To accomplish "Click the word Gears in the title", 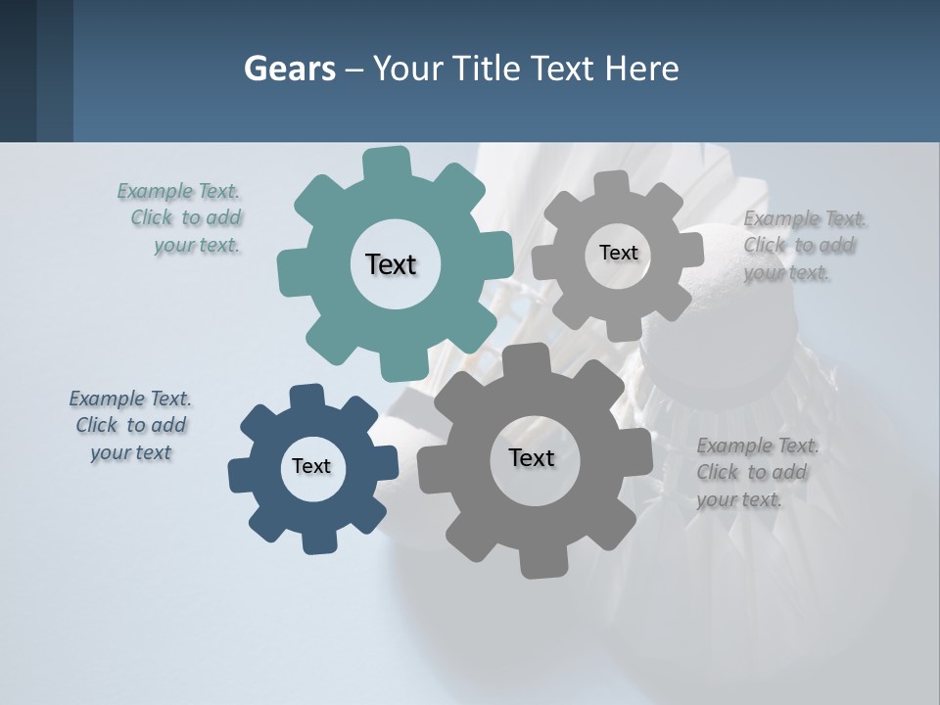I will click(x=289, y=69).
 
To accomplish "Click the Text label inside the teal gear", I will click(x=391, y=264).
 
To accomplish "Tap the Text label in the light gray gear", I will click(x=618, y=253).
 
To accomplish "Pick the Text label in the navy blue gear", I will click(x=311, y=466).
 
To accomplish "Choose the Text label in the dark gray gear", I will click(x=532, y=457).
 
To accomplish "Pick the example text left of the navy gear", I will click(x=130, y=425).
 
